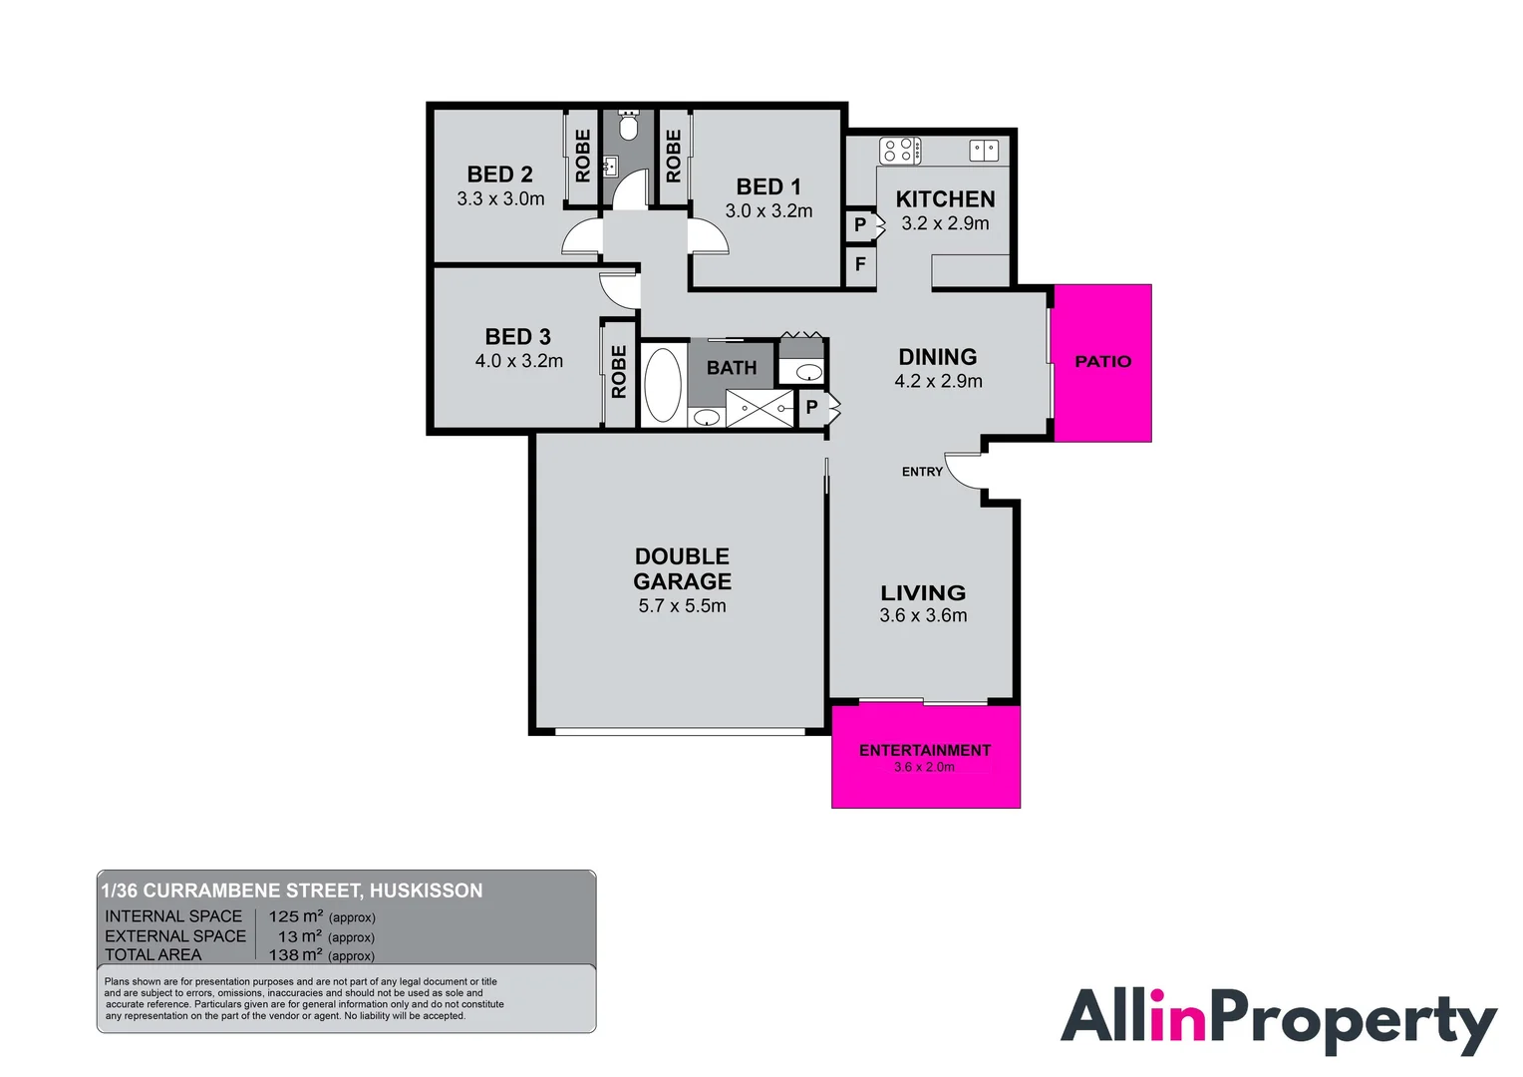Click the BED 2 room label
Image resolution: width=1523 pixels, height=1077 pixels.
point(499,175)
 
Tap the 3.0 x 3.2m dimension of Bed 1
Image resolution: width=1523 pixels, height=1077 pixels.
point(768,211)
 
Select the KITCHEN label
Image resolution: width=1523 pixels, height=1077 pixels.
point(945,199)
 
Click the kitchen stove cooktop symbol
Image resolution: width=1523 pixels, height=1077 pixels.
point(899,151)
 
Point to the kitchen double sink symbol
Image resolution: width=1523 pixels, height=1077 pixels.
point(984,151)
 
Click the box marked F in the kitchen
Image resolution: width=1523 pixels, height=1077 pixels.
point(860,265)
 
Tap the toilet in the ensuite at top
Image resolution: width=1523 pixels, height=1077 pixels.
point(628,128)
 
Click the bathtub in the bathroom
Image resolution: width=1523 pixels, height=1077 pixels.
point(662,385)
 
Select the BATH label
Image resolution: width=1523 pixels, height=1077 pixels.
point(732,368)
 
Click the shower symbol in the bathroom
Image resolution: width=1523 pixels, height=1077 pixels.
point(760,409)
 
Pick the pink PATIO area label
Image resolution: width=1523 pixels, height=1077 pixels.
point(1102,362)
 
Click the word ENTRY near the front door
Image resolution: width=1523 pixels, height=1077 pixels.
point(922,472)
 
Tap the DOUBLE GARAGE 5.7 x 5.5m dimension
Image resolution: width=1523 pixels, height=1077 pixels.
point(682,606)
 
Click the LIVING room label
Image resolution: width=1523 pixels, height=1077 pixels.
point(923,592)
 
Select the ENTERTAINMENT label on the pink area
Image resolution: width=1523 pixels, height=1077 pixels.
point(925,751)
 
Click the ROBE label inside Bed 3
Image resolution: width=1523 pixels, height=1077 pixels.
point(619,372)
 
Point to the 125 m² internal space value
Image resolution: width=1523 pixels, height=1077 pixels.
point(296,916)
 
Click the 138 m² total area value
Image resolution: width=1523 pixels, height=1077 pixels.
point(296,954)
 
